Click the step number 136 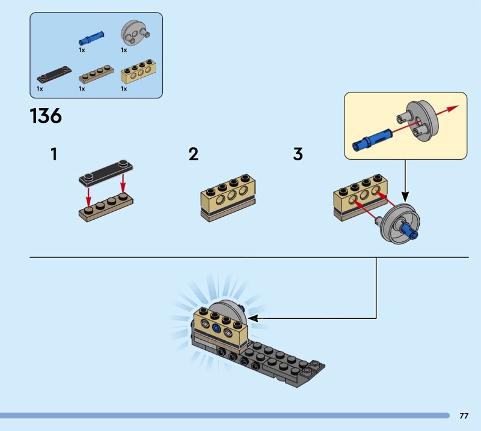[46, 116]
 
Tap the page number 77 [464, 415]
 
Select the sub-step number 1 [54, 154]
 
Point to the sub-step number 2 [193, 154]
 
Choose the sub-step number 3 [298, 154]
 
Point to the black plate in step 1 [106, 173]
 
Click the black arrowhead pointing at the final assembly [253, 318]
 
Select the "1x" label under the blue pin [82, 50]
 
